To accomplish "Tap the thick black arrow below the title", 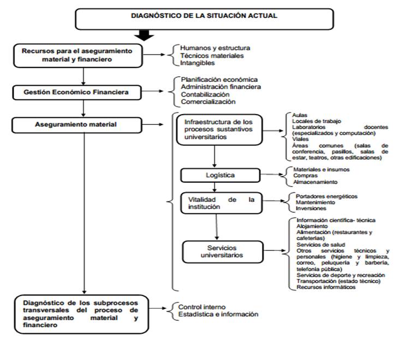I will [144, 35].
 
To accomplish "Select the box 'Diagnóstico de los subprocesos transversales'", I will [80, 314].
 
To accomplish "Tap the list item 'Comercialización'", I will [209, 101].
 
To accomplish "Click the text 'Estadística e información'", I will [218, 314].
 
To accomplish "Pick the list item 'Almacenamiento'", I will [315, 182].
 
